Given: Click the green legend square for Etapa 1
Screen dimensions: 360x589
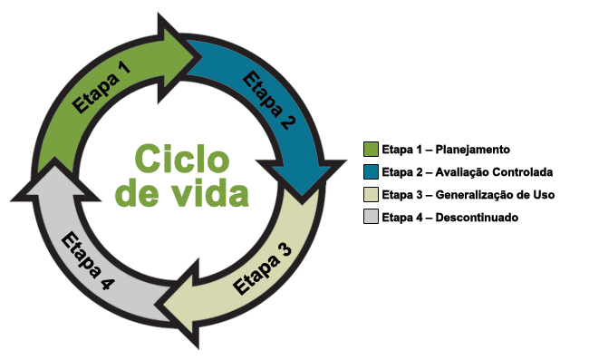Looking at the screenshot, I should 370,150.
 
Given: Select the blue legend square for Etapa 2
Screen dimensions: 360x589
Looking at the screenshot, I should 370,172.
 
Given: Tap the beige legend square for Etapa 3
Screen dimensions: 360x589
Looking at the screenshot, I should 370,195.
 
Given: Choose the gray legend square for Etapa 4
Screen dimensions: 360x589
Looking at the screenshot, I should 370,218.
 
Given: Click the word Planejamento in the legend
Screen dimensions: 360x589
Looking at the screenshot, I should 474,150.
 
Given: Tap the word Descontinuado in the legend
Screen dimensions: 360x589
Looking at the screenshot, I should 477,218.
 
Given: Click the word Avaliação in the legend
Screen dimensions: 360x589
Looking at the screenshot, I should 459,172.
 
